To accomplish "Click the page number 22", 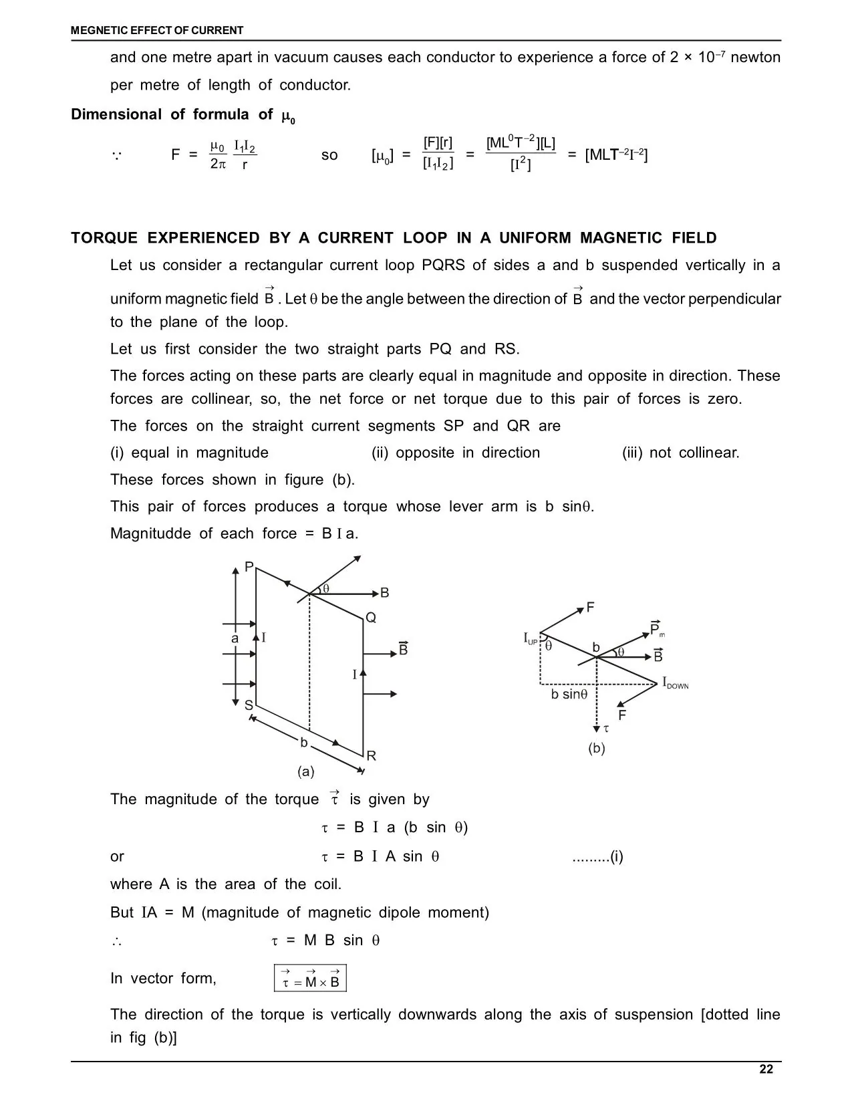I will point(766,1070).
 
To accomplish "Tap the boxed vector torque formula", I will point(310,978).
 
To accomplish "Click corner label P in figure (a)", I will point(249,568).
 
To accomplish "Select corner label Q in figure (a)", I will point(371,618).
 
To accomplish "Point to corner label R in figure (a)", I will point(372,756).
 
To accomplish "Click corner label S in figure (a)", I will point(248,706).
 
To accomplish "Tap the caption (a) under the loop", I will point(305,772).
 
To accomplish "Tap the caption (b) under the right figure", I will point(596,749).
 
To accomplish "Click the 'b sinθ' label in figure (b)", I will point(569,695).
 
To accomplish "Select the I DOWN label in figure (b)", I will point(675,683).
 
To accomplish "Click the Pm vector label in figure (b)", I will point(657,629).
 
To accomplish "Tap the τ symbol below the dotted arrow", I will point(606,729).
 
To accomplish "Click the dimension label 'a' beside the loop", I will point(235,638).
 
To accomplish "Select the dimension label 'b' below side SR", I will point(303,743).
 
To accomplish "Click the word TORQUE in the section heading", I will point(104,239).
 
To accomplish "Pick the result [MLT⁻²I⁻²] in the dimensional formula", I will point(616,155).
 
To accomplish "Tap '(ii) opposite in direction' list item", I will point(455,453).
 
